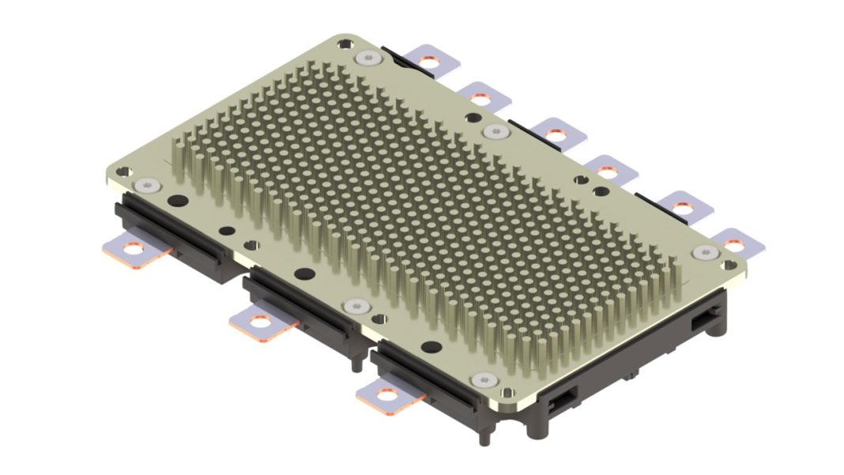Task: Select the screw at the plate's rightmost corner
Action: coord(705,252)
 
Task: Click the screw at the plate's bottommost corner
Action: coord(483,382)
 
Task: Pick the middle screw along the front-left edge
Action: coord(352,305)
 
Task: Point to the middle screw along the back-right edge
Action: coord(495,131)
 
